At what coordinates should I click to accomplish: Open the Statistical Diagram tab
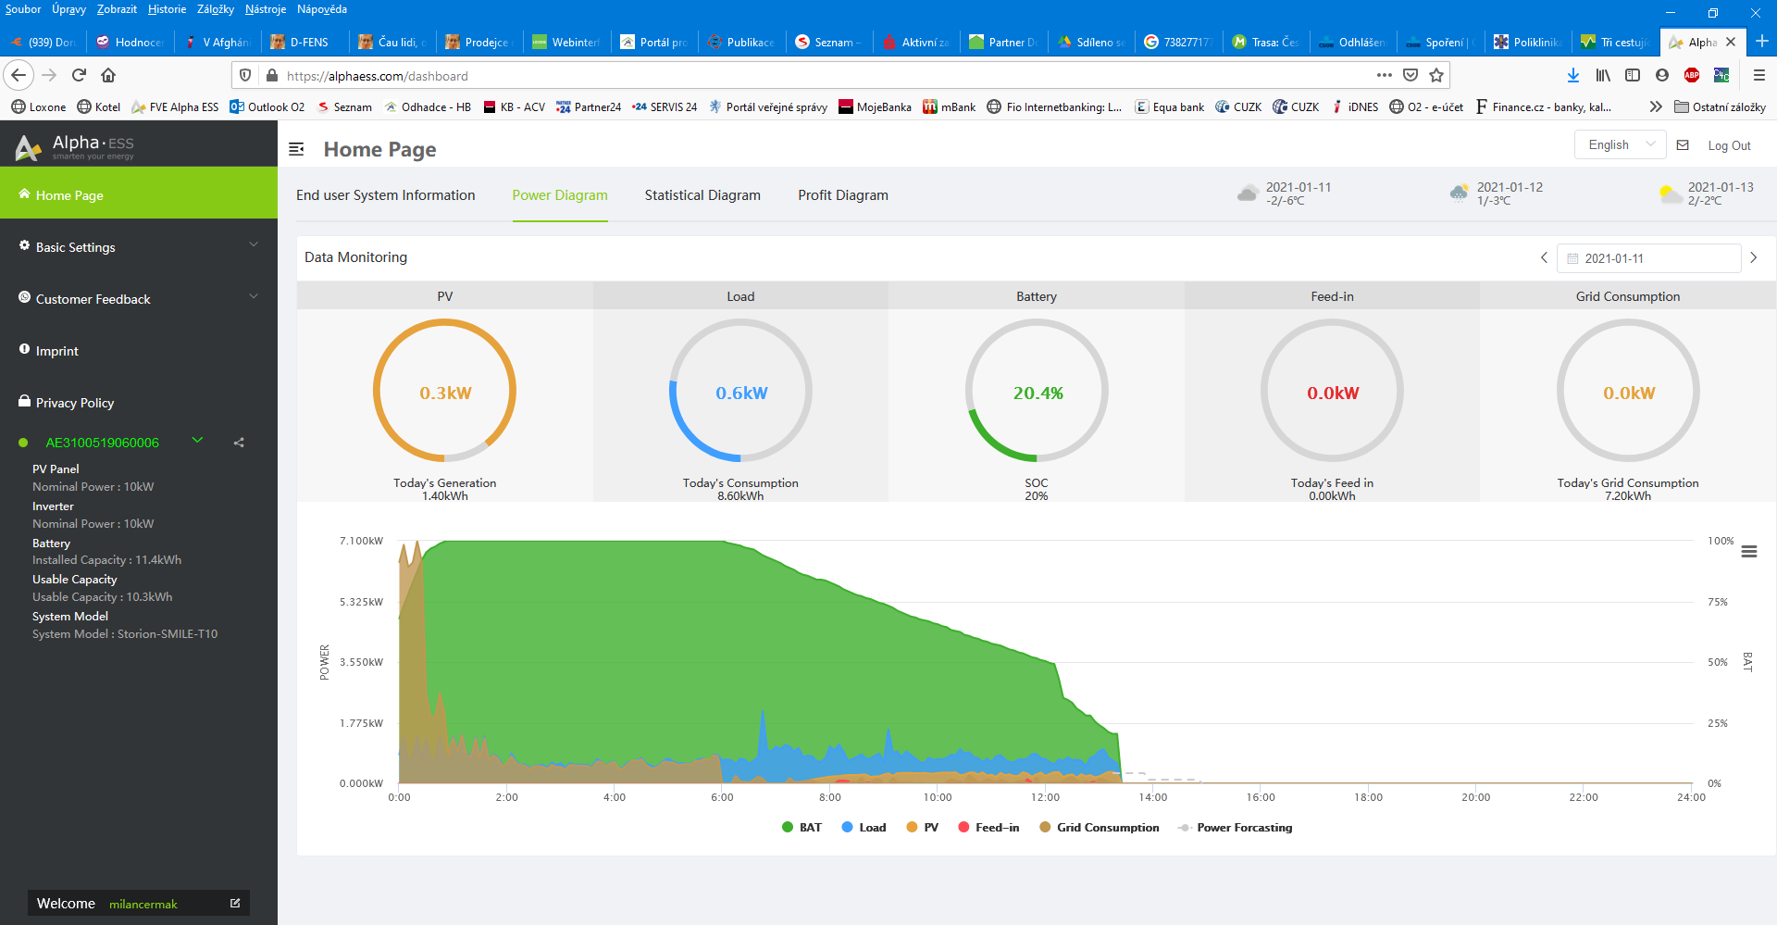coord(702,195)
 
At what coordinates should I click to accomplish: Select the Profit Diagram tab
coord(843,195)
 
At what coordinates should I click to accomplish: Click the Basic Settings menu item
coord(76,247)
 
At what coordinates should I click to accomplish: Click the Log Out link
coord(1729,145)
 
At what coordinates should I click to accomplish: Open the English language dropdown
coord(1621,144)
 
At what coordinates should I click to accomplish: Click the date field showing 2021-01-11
coord(1649,258)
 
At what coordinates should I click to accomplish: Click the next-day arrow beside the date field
coord(1753,257)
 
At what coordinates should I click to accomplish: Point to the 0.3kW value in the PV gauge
coord(445,393)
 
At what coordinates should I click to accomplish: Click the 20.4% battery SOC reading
coord(1038,393)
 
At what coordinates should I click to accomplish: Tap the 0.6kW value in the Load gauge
coord(741,393)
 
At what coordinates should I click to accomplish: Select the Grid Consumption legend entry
coord(1099,828)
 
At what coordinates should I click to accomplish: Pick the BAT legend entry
coord(802,828)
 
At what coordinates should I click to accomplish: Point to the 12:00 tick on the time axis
coord(1045,797)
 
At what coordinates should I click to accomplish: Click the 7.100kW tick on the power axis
coord(361,541)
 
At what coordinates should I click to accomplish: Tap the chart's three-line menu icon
coord(1749,552)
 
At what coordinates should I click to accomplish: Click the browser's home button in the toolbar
coord(108,75)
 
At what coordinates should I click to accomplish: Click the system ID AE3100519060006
coord(102,443)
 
